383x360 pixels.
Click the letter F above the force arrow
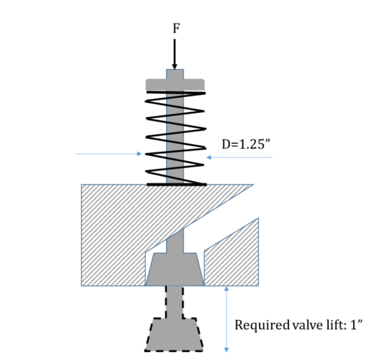176,28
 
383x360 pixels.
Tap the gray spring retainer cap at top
175,85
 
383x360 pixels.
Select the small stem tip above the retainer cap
175,74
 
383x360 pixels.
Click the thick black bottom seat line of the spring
176,185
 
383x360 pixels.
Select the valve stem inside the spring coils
175,139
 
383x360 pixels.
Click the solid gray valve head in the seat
175,270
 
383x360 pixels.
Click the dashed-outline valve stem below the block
175,301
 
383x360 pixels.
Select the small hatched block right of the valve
232,261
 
